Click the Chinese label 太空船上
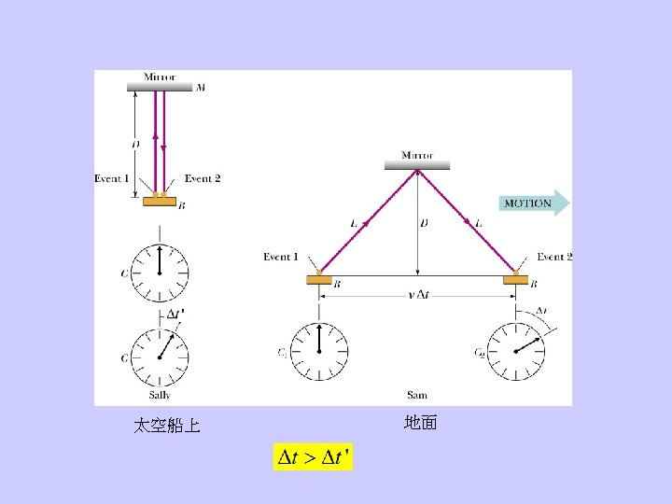pyautogui.click(x=166, y=427)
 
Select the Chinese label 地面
pyautogui.click(x=420, y=423)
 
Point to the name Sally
pyautogui.click(x=160, y=396)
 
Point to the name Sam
pyautogui.click(x=416, y=396)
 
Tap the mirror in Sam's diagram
pyautogui.click(x=417, y=165)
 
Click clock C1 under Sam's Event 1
pyautogui.click(x=319, y=351)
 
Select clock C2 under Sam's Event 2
pyautogui.click(x=515, y=351)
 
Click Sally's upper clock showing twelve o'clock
pyautogui.click(x=160, y=272)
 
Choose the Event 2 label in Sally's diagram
pyautogui.click(x=203, y=178)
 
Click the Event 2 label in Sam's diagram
pyautogui.click(x=554, y=257)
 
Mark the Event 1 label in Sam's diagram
pyautogui.click(x=281, y=257)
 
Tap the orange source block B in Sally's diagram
pyautogui.click(x=160, y=200)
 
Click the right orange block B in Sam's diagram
pyautogui.click(x=515, y=278)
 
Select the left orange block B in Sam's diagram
pyautogui.click(x=319, y=278)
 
